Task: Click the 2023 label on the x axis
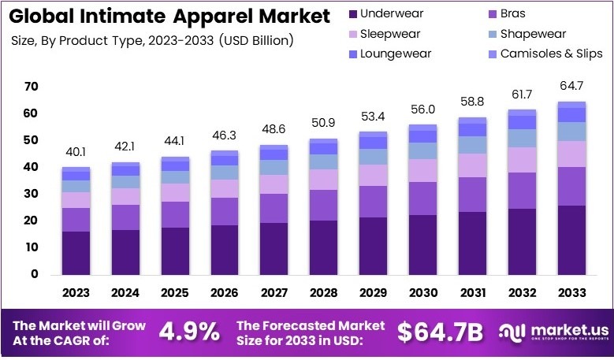[x=76, y=292]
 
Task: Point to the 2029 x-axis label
[x=374, y=292]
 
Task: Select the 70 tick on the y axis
[x=32, y=87]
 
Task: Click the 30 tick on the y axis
[x=32, y=194]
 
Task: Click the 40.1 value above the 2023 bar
[x=76, y=151]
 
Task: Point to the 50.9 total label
[x=324, y=122]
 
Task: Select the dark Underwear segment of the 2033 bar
[x=572, y=239]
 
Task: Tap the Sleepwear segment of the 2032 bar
[x=523, y=159]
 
